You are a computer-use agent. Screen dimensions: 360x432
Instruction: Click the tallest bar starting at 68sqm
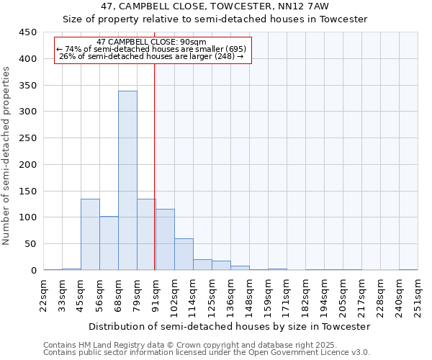tap(127, 181)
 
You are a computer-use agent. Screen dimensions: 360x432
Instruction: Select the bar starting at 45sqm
tap(90, 235)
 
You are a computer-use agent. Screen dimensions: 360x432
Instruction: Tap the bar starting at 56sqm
tap(109, 243)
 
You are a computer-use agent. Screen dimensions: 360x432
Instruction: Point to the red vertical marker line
tap(155, 166)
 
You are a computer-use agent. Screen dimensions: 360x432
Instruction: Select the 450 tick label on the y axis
tap(28, 32)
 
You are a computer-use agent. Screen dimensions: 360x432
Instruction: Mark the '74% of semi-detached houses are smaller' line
tap(151, 49)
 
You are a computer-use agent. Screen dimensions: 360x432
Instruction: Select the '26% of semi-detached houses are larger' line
tap(151, 56)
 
